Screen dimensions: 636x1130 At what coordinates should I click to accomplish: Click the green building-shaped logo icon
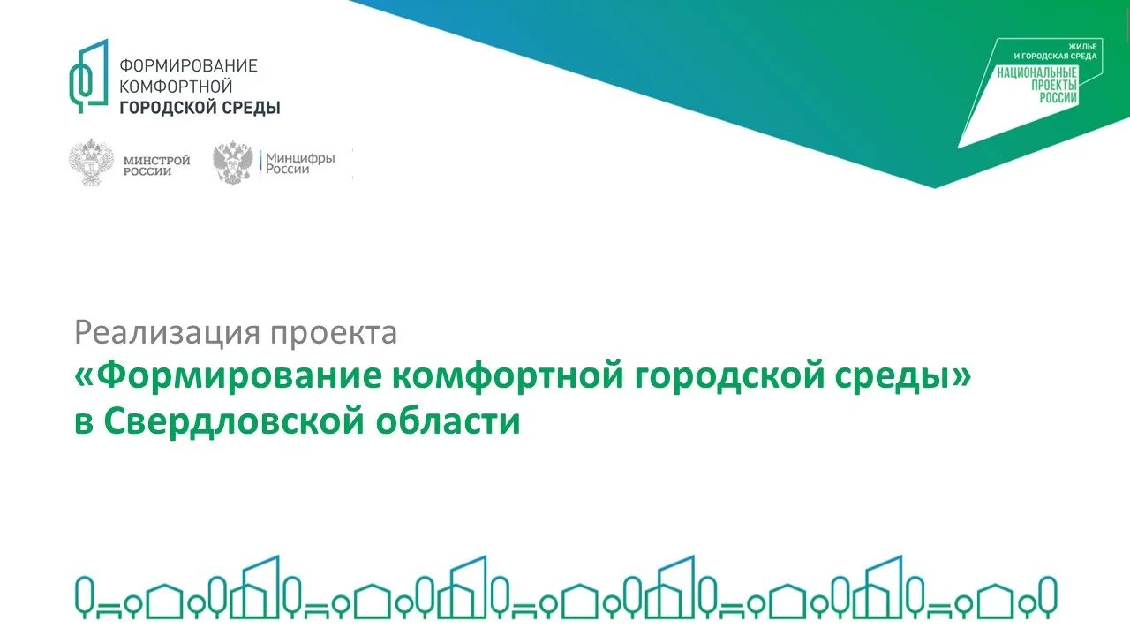coord(89,76)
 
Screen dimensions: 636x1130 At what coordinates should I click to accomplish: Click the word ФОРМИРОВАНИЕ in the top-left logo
coord(188,66)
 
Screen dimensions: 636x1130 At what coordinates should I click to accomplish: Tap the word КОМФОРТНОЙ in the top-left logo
coord(176,87)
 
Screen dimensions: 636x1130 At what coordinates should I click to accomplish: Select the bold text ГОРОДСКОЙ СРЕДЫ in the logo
coord(200,108)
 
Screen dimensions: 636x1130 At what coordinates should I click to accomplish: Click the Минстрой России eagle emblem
coord(91,162)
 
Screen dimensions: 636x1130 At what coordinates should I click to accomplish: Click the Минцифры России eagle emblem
coord(233,162)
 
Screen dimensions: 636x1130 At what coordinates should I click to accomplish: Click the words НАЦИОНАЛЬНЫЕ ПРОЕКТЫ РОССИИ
coord(1037,85)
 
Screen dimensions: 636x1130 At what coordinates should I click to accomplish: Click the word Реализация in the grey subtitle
coord(169,333)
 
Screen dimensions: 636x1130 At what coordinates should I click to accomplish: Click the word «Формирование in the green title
coord(228,377)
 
